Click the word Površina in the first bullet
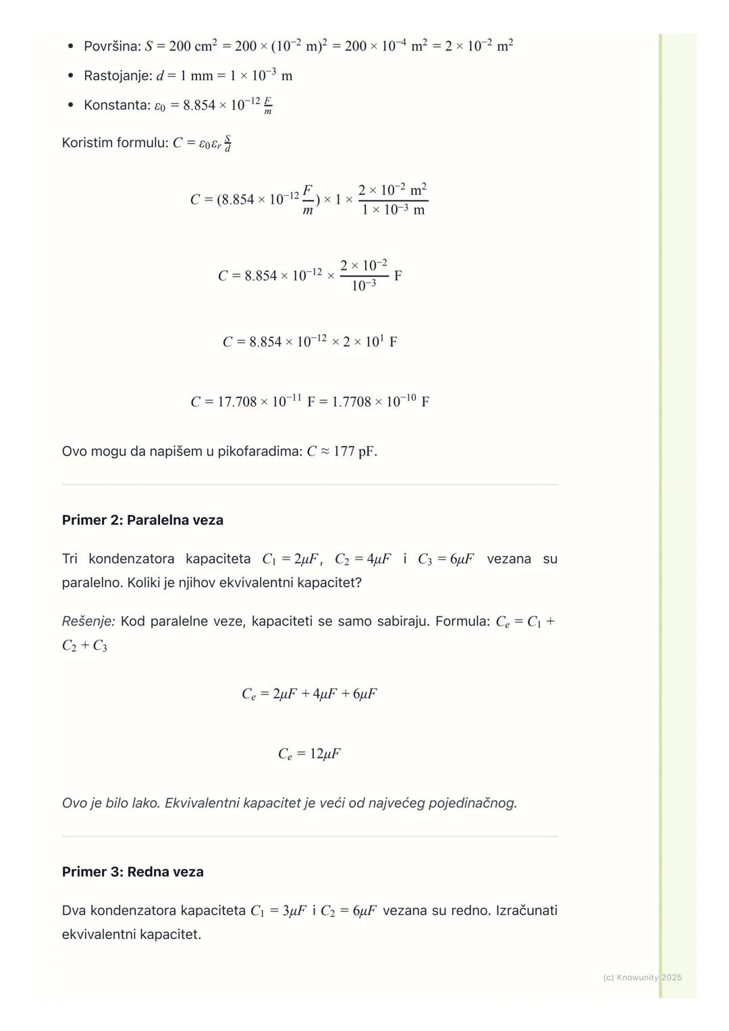111,47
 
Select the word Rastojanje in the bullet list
117,76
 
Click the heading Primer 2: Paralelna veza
142,520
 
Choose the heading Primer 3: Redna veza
132,872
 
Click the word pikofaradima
259,451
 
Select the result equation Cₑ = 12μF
309,754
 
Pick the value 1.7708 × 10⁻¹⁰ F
381,402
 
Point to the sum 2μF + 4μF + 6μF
325,694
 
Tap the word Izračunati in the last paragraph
526,911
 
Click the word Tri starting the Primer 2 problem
70,559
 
